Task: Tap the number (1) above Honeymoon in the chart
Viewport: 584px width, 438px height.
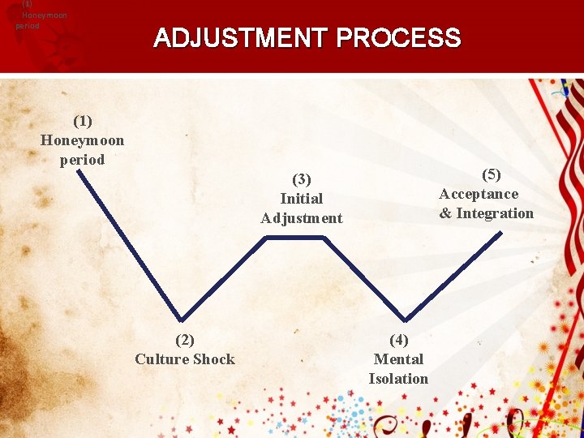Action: [83, 121]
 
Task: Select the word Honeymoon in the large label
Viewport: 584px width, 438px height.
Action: [83, 140]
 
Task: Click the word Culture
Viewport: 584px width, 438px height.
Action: [162, 359]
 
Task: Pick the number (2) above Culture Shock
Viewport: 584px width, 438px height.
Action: [185, 340]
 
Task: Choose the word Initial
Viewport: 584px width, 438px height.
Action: [302, 199]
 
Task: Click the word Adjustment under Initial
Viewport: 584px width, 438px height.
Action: [302, 218]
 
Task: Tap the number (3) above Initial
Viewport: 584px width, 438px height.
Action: [302, 179]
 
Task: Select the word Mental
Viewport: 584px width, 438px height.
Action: [398, 359]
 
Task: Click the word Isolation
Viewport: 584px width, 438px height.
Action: [398, 379]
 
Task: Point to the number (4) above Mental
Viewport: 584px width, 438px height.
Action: [398, 340]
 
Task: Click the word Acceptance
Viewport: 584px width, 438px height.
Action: [479, 194]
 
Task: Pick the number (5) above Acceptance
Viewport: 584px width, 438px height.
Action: [492, 174]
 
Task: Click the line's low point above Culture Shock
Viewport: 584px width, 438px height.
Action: [182, 320]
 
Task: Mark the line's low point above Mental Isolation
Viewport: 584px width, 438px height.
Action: [406, 319]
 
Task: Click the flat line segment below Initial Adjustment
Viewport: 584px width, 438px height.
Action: [296, 237]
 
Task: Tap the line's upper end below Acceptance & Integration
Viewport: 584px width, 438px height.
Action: [500, 234]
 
